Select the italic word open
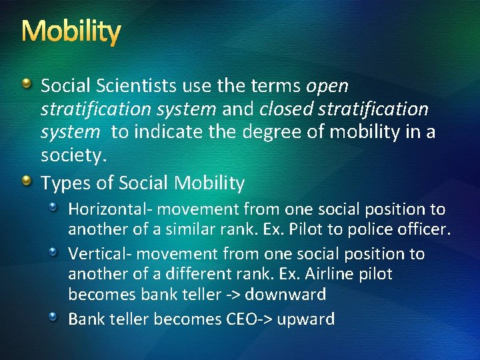(x=327, y=87)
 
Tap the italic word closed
(x=285, y=109)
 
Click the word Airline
(x=317, y=274)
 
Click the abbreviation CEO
(x=239, y=319)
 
